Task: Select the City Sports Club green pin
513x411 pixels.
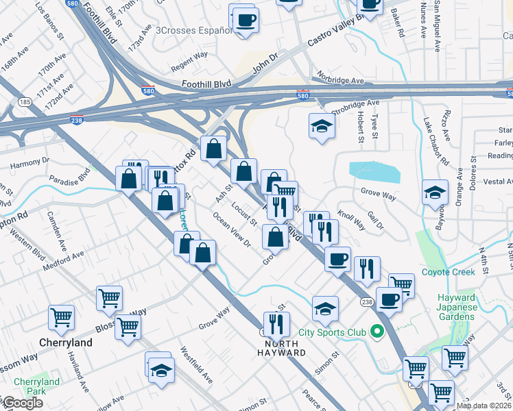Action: click(376, 332)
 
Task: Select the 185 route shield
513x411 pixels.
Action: click(25, 102)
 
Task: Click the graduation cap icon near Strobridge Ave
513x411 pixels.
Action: click(321, 126)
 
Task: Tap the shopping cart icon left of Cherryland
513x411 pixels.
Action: click(62, 318)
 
